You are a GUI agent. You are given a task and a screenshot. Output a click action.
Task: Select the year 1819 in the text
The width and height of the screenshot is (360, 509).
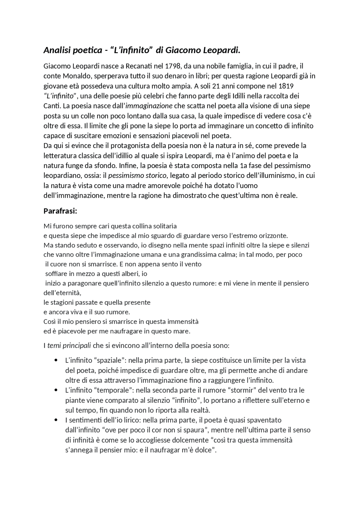tap(286, 86)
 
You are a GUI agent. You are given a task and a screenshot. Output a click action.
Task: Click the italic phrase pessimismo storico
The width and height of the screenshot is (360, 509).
tap(138, 176)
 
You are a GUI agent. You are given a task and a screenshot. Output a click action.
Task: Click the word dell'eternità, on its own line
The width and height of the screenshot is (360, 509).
tap(62, 293)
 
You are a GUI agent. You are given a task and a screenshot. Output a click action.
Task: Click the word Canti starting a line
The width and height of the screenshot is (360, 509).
tap(52, 106)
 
